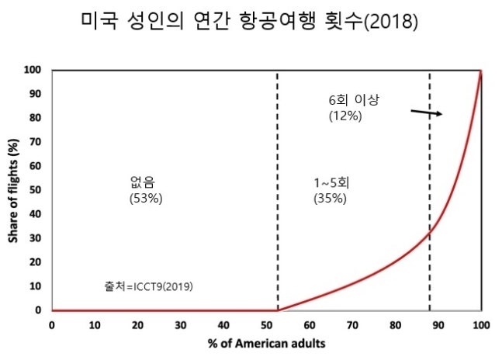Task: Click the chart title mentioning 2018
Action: click(250, 22)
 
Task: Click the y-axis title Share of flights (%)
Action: click(13, 190)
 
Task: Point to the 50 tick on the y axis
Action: click(36, 190)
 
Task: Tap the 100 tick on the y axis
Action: click(33, 70)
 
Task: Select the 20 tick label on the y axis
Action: click(36, 262)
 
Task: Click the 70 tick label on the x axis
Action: click(352, 324)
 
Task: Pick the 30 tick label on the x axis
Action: click(181, 324)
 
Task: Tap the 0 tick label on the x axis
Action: click(52, 324)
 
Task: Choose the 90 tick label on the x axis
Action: click(438, 324)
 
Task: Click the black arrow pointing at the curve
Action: click(426, 113)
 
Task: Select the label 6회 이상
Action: click(356, 101)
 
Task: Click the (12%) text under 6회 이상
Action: click(344, 116)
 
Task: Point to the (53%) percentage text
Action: click(145, 198)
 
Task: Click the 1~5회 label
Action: click(330, 183)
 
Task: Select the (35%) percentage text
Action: click(330, 198)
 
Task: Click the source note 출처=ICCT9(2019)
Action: click(148, 286)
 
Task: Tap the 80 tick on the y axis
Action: click(36, 118)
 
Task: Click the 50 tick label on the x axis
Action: click(266, 324)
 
